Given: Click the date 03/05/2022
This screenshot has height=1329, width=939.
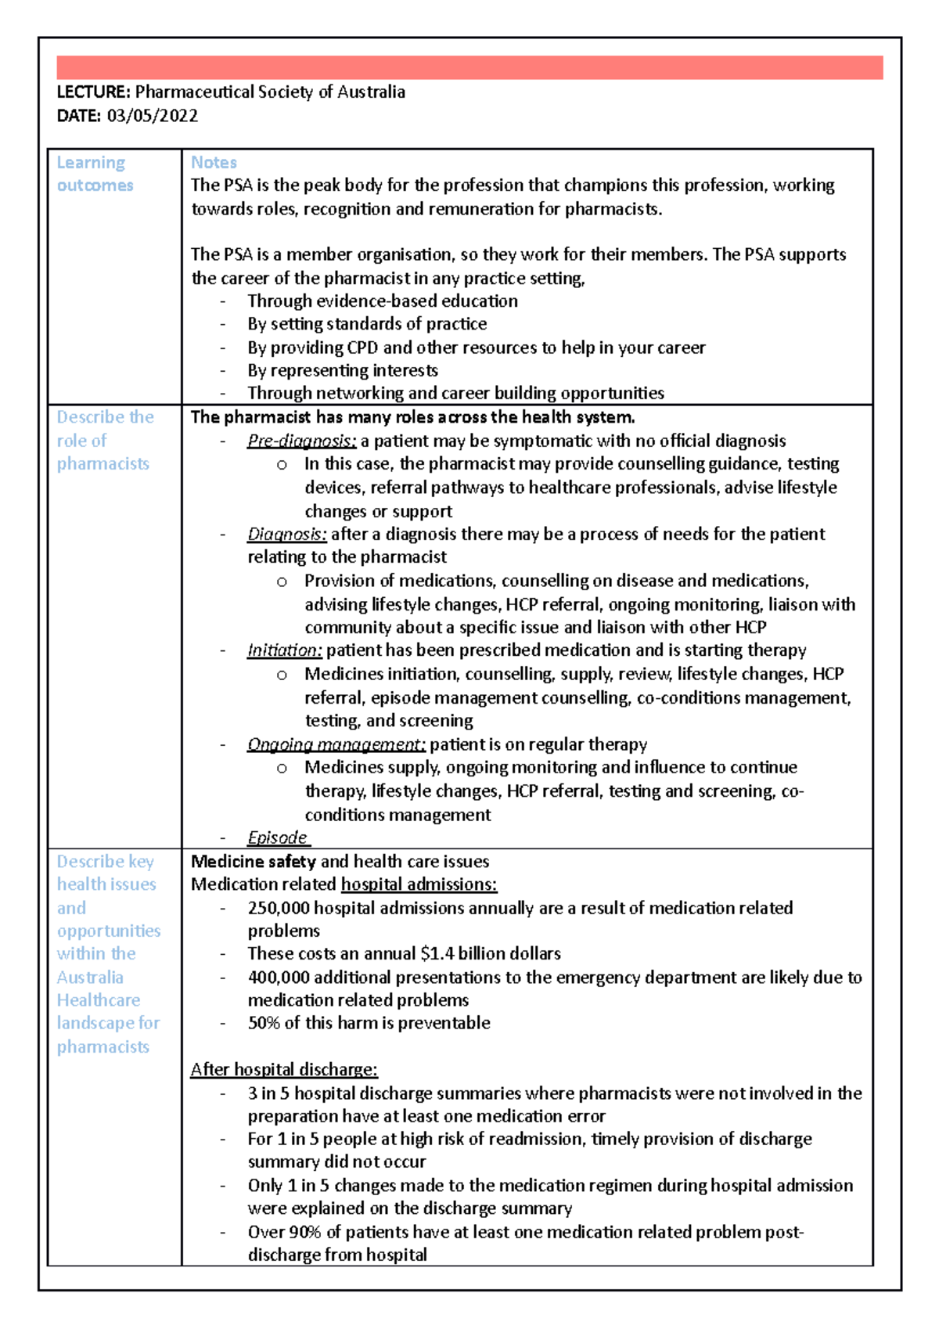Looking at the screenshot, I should [152, 116].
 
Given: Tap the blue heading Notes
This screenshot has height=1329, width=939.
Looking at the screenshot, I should [214, 163].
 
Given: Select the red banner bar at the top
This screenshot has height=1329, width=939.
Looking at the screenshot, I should [469, 67].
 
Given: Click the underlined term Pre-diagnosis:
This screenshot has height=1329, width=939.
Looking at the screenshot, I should [301, 441].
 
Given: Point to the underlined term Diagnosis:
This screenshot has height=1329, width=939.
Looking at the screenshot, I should [286, 534].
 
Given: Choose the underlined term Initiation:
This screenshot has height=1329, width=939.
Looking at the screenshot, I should [284, 650].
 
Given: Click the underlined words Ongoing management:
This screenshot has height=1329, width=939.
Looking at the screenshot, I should [336, 744].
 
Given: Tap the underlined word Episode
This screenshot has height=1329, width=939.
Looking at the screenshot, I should [278, 837].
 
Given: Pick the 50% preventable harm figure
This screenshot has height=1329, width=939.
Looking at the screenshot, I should [264, 1023].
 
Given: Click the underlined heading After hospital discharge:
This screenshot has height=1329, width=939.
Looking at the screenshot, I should [284, 1069].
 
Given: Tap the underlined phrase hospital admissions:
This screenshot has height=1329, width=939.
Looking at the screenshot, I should [419, 884].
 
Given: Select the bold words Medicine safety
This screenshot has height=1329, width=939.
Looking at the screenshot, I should [254, 862].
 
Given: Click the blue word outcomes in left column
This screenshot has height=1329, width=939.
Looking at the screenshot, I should [95, 185].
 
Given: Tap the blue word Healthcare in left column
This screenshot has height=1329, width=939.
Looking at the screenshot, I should [99, 1000].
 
